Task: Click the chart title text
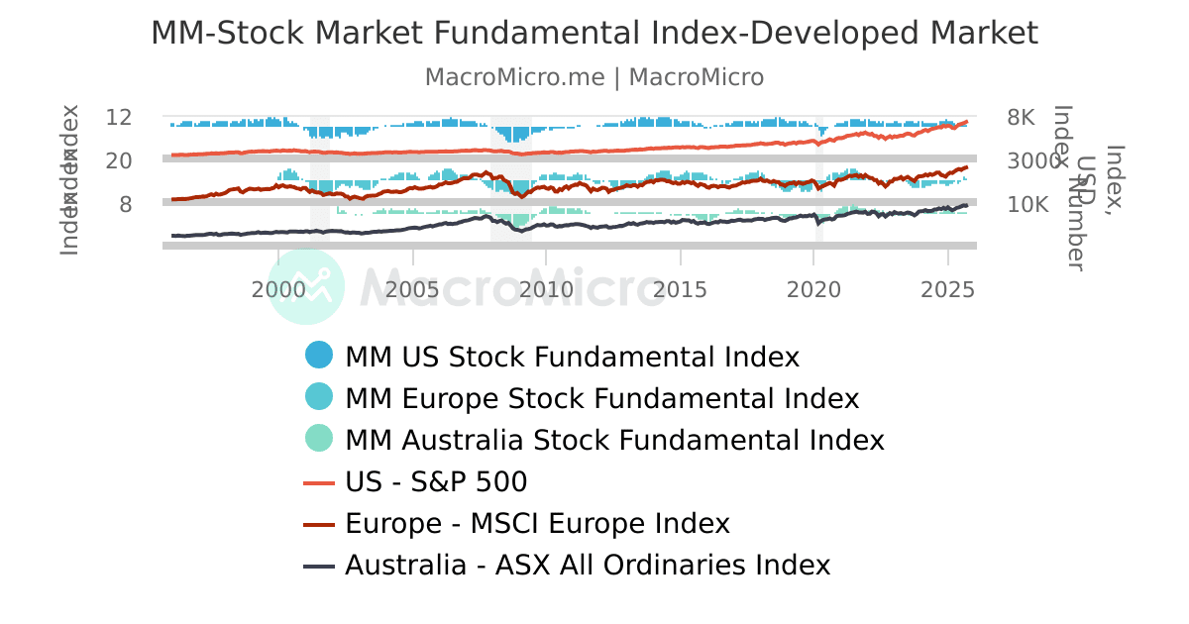coord(594,34)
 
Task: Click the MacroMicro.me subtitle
coord(594,77)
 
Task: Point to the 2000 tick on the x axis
coord(278,289)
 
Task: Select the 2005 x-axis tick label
coord(412,289)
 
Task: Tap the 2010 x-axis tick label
coord(546,289)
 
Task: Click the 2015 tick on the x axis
coord(680,289)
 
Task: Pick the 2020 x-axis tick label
coord(813,289)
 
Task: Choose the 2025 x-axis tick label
coord(947,289)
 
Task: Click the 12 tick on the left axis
coord(119,117)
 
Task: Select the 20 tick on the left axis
coord(119,160)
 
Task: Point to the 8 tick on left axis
coord(126,204)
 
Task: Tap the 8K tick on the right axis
coord(1021,117)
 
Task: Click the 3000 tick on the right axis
coord(1033,160)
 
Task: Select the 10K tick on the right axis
coord(1027,204)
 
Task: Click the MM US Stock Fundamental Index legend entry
coord(572,357)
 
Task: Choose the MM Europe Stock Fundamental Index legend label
coord(601,398)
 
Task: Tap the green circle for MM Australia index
coord(319,440)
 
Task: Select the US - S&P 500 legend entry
coord(436,482)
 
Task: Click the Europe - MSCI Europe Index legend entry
coord(537,524)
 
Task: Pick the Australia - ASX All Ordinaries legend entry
coord(587,566)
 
